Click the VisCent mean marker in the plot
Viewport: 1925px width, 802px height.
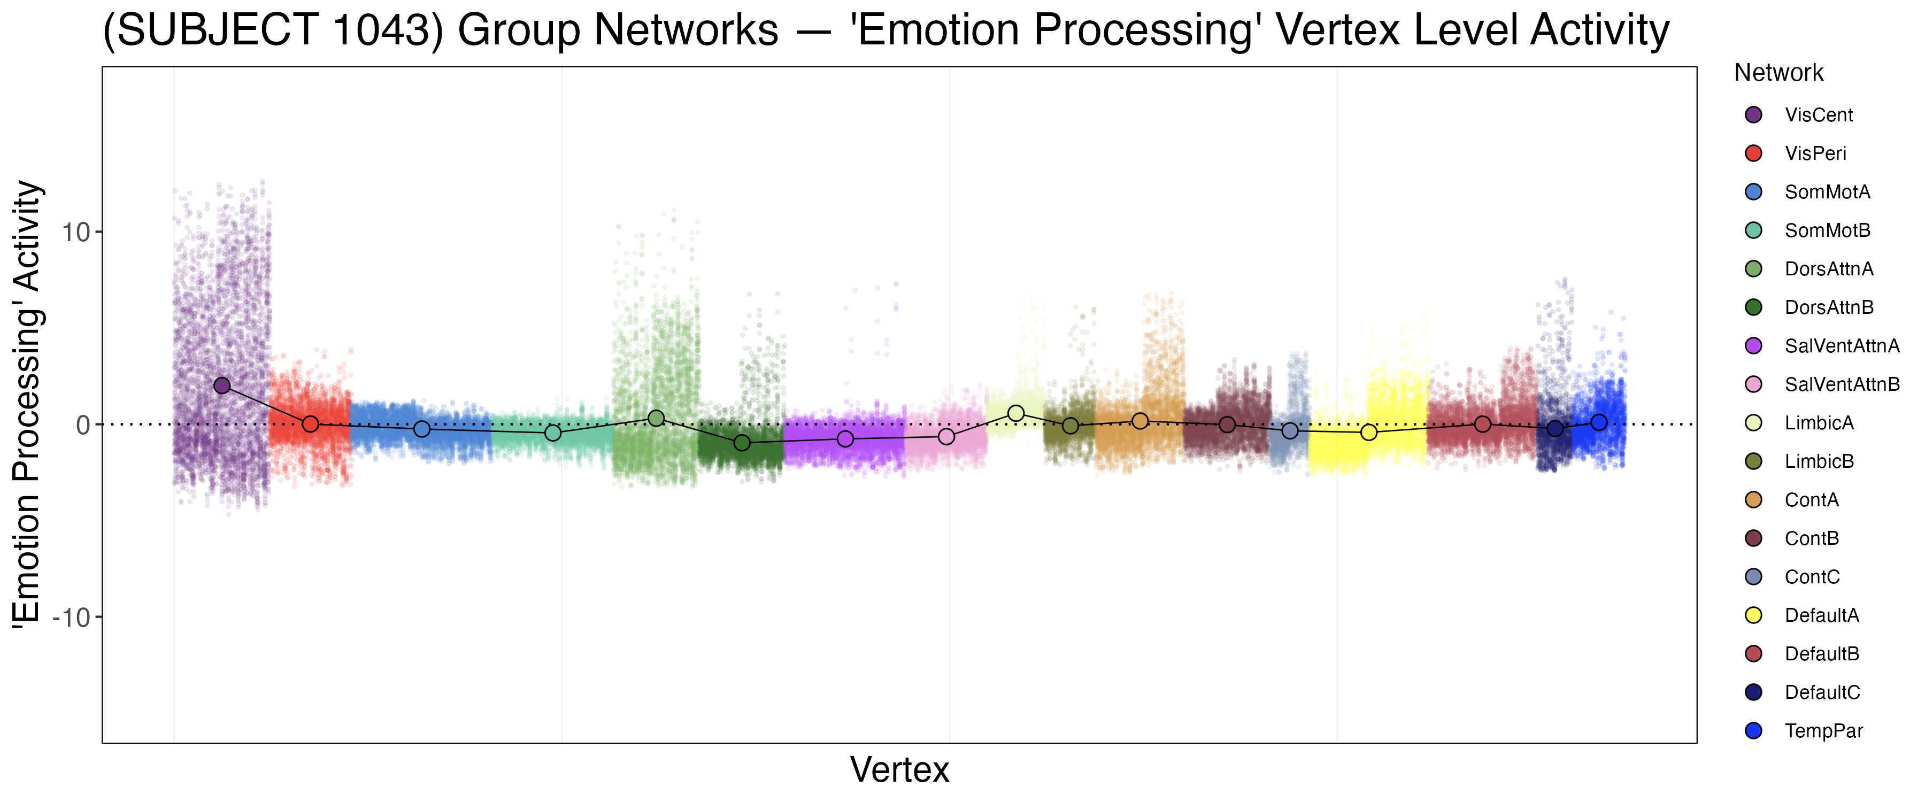coord(222,385)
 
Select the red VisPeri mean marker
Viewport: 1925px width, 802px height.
coord(310,424)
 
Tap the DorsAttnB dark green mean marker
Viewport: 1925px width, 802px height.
coord(742,443)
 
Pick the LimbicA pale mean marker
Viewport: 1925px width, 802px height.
coord(1015,413)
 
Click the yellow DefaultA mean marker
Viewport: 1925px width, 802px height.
coord(1368,432)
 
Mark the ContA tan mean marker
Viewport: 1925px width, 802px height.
coord(1139,421)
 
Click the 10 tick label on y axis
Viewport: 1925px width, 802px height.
coord(75,233)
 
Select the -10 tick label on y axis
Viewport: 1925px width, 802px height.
coord(71,618)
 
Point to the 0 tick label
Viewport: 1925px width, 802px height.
coord(83,425)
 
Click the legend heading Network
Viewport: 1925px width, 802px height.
coord(1778,73)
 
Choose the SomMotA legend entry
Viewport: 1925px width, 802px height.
coord(1827,192)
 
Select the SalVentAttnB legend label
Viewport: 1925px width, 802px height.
coord(1842,384)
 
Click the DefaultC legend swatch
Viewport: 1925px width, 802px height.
coord(1753,692)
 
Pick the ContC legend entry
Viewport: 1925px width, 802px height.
coord(1812,577)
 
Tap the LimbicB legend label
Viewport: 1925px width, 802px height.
coord(1819,461)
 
